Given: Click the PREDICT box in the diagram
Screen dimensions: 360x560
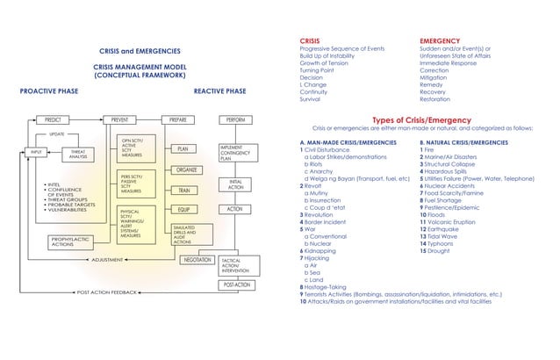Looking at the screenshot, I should click(x=53, y=119).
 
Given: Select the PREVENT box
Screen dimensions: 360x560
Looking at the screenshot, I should click(x=115, y=119).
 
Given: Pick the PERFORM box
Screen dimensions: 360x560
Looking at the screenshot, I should click(x=235, y=119).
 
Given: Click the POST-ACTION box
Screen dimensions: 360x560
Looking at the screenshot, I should click(x=236, y=285).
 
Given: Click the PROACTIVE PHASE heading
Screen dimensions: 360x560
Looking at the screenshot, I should click(x=49, y=90).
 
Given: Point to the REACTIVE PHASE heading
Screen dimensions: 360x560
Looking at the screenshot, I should click(x=220, y=90).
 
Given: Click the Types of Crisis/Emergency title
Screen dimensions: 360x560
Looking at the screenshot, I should click(x=416, y=121).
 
